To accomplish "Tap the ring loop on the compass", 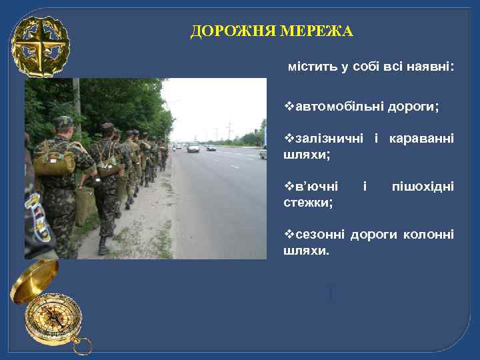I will pos(82,345).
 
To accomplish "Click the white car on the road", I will pos(193,147).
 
